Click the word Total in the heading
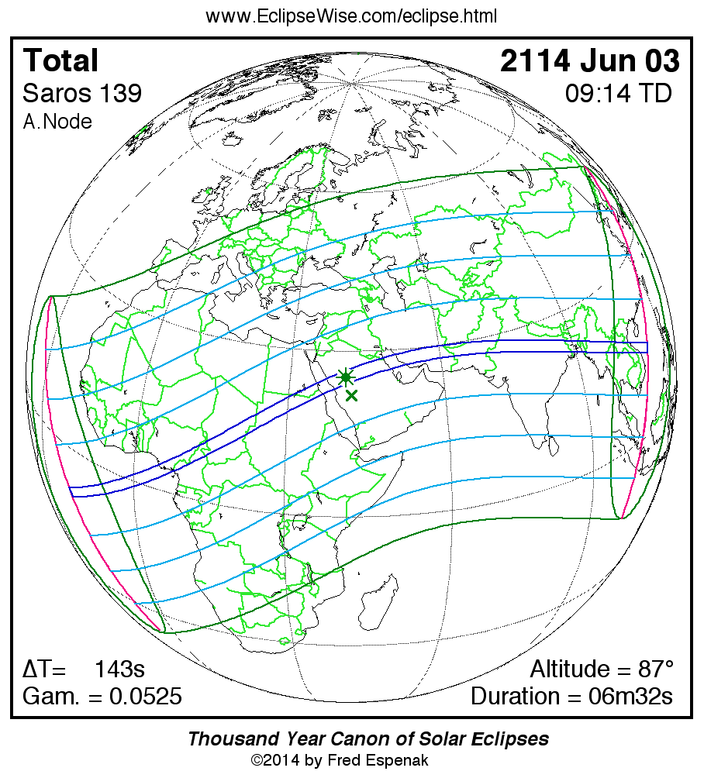[x=61, y=61]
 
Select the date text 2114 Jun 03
[x=589, y=61]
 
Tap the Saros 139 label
[x=82, y=94]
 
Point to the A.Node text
[x=57, y=122]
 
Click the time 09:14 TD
[x=618, y=94]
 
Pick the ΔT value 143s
[x=119, y=669]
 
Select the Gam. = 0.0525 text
[x=102, y=697]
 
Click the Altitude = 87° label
[x=602, y=669]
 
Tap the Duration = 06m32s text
[x=571, y=697]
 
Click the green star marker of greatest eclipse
[x=346, y=377]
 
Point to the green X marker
[x=352, y=396]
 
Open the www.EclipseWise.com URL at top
[x=351, y=16]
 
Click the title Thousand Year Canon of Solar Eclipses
[x=368, y=738]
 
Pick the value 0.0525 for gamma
[x=146, y=697]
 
